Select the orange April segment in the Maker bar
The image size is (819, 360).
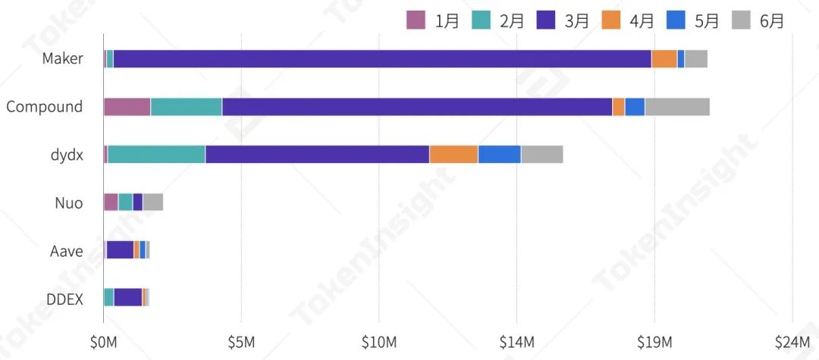664,58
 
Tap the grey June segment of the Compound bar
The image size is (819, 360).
677,107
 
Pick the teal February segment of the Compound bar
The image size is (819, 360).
187,107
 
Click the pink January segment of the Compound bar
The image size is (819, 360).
127,107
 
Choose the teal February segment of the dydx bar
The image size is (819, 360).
157,154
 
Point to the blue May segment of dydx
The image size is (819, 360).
500,154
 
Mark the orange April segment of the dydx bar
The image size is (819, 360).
453,154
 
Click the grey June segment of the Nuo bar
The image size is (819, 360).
153,202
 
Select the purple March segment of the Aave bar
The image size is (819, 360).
121,250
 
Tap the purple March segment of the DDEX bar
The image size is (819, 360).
128,297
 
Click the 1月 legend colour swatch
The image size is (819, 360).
416,20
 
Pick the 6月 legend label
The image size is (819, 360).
772,20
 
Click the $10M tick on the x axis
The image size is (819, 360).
379,343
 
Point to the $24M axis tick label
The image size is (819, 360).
792,343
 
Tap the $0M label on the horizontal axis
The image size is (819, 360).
103,343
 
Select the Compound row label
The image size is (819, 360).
45,107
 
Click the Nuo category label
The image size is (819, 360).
68,202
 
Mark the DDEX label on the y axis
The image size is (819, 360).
64,298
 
